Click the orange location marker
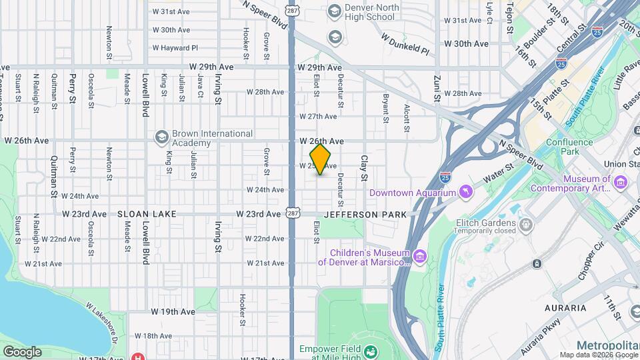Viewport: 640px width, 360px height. coord(321,159)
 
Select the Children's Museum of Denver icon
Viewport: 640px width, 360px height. coord(419,257)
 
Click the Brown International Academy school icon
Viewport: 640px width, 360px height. coord(161,137)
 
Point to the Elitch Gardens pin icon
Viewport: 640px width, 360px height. coord(526,223)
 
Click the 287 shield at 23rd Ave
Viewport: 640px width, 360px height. coord(292,213)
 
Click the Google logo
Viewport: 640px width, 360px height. coord(22,351)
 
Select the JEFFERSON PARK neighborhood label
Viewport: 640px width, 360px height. coord(365,214)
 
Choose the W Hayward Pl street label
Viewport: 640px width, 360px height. coord(175,48)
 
